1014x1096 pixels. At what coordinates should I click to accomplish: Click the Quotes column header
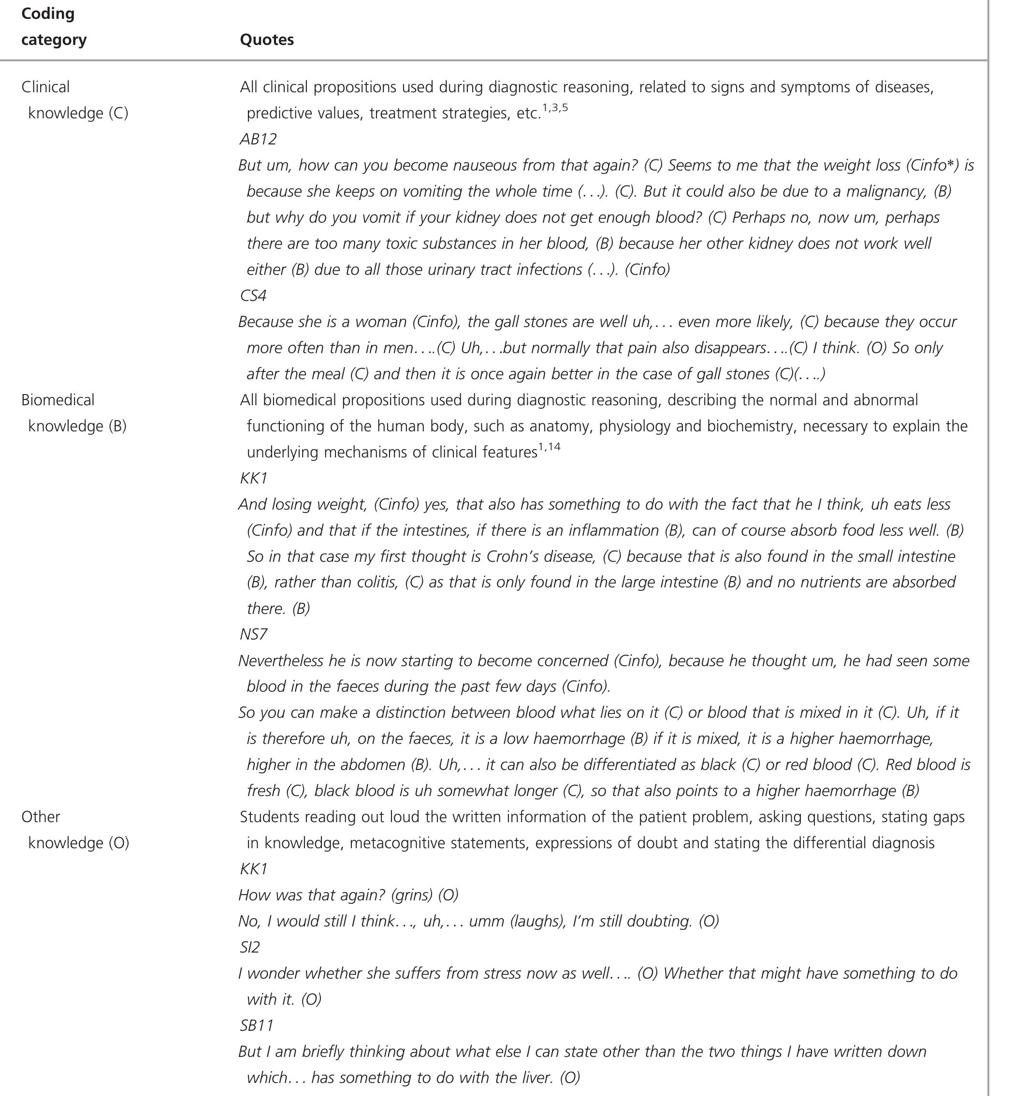[x=267, y=40]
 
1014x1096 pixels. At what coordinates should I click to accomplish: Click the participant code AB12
[x=258, y=139]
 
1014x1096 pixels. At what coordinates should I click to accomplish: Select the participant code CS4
[x=253, y=296]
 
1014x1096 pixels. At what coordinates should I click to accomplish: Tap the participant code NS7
[x=253, y=634]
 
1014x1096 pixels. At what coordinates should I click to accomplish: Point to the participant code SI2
[x=250, y=947]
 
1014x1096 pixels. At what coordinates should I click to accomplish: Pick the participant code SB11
[x=256, y=1025]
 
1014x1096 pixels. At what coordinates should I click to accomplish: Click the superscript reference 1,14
[x=549, y=447]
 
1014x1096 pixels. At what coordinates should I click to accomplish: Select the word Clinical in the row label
[x=45, y=86]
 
